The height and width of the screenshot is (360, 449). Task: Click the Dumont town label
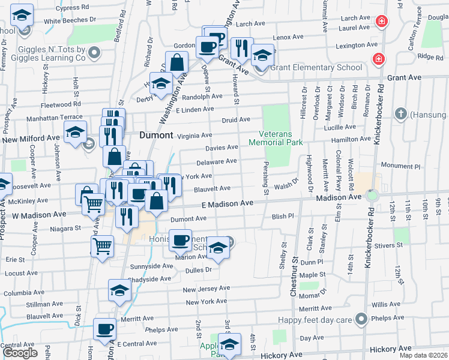click(156, 135)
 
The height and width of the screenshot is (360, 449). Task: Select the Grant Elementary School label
click(316, 67)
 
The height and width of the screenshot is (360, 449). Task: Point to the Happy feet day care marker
click(361, 320)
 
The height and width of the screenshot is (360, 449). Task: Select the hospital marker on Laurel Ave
click(381, 22)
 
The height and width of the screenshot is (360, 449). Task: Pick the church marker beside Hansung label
click(400, 113)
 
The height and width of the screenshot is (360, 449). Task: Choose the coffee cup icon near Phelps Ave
click(105, 329)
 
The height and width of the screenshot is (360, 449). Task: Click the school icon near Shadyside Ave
click(119, 290)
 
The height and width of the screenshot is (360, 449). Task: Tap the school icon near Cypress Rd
click(22, 14)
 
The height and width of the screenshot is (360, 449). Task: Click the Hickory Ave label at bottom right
click(392, 349)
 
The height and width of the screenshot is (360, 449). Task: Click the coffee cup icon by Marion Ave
click(179, 241)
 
